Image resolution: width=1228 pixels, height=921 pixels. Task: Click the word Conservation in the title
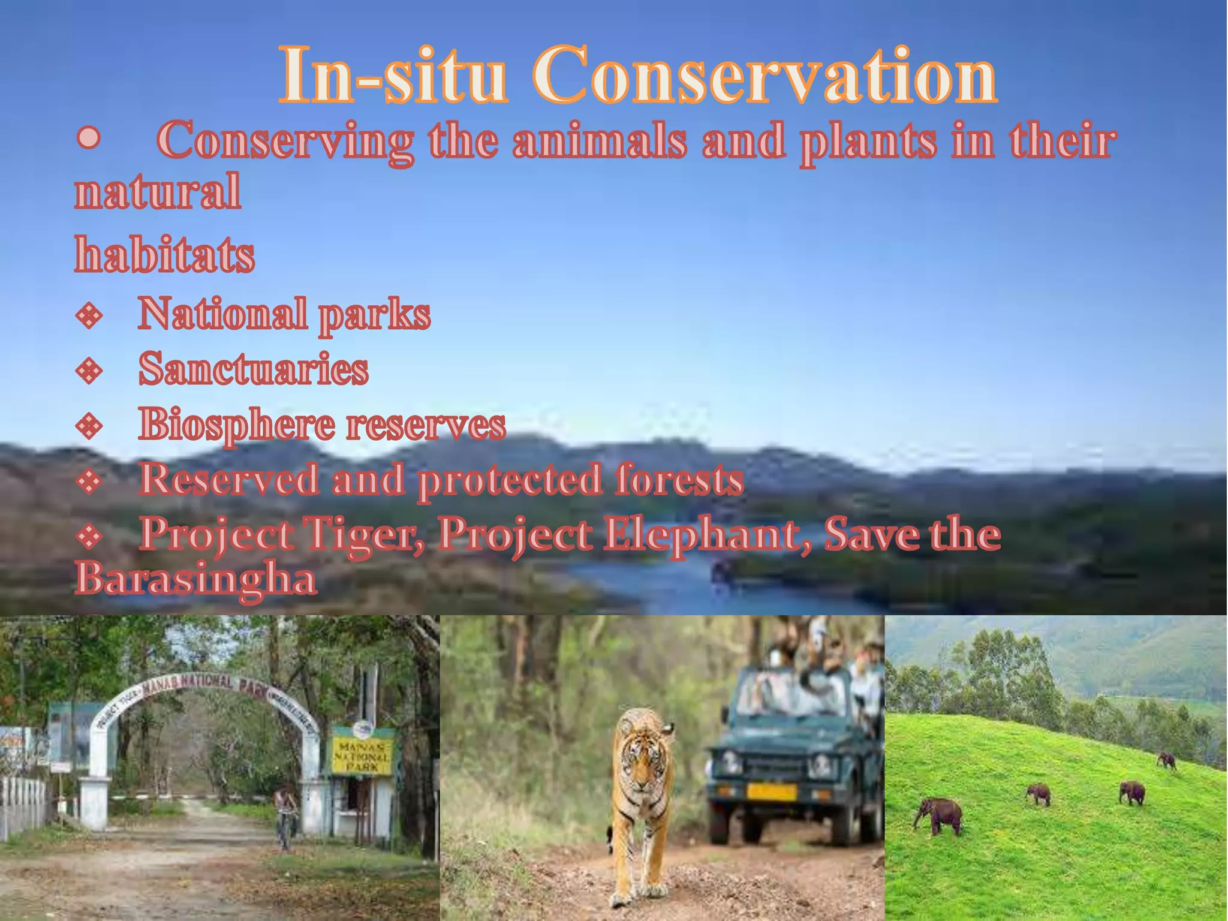tap(765, 77)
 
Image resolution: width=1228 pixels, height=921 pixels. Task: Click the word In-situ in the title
tap(393, 77)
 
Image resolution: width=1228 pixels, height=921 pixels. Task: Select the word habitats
tap(165, 254)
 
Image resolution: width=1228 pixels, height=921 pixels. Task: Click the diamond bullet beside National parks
tap(89, 315)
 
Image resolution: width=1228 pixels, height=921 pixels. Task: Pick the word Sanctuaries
tap(253, 369)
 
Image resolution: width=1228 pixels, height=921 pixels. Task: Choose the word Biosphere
tap(236, 425)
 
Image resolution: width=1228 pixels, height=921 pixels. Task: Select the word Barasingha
tap(195, 579)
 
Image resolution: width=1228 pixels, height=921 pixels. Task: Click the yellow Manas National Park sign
tap(362, 756)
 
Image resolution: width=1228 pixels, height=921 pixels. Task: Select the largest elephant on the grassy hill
tap(939, 815)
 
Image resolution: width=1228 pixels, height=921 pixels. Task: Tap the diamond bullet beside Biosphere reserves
tap(89, 426)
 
